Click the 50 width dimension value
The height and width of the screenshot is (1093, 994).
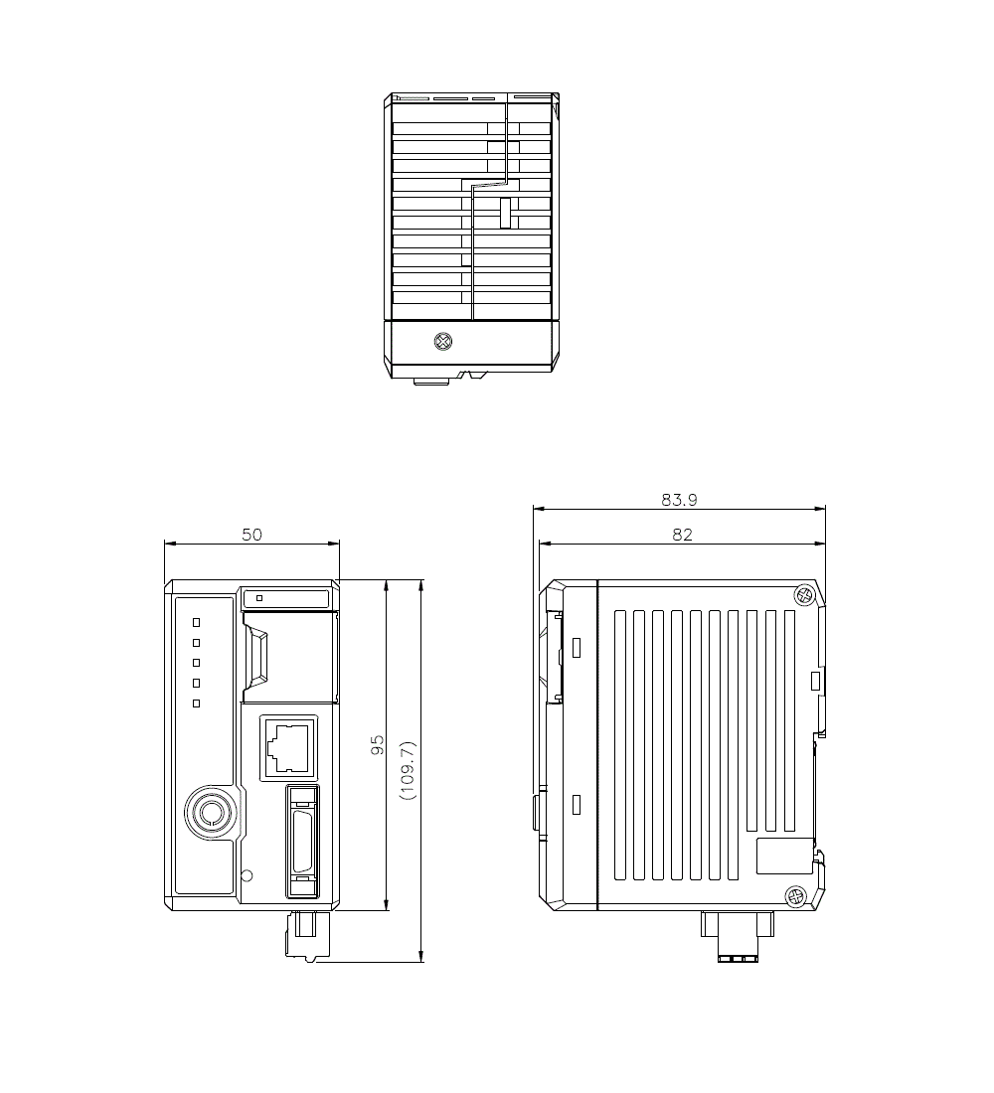point(251,535)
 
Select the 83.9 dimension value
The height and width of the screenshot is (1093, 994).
point(679,501)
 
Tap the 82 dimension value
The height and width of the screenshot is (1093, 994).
point(682,535)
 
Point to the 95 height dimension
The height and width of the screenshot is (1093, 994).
point(378,745)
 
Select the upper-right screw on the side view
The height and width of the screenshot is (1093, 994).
point(804,596)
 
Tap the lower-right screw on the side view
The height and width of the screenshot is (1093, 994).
point(795,897)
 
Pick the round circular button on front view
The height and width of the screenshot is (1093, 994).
point(211,813)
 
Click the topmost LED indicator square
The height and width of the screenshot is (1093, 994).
point(196,622)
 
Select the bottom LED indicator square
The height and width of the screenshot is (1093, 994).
point(196,703)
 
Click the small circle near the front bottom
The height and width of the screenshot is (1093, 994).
point(248,875)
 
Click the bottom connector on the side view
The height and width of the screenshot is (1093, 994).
point(737,936)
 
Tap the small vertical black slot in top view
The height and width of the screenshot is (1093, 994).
point(504,213)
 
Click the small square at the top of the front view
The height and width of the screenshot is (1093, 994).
point(259,598)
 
